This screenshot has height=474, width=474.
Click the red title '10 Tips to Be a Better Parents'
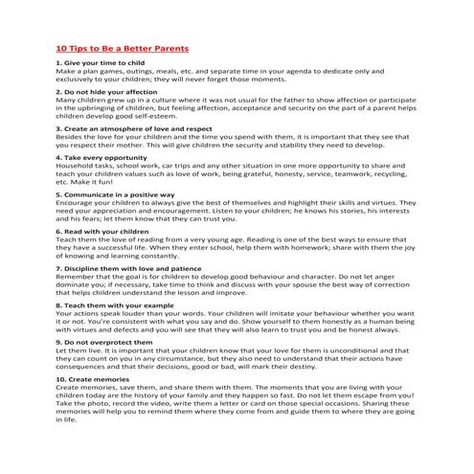click(x=121, y=47)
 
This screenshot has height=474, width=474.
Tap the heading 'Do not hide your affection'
click(x=102, y=91)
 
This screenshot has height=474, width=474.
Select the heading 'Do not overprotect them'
click(x=100, y=341)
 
